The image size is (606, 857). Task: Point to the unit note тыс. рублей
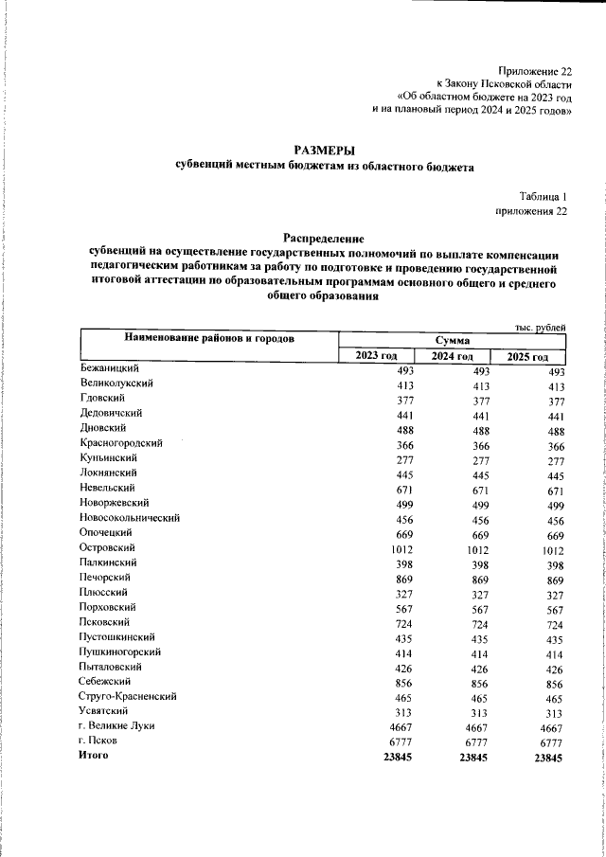click(x=541, y=327)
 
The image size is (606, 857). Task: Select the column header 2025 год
click(x=528, y=356)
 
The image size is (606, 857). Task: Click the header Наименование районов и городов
click(x=208, y=338)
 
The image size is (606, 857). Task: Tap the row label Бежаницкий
click(x=111, y=369)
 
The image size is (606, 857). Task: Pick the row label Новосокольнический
click(x=130, y=518)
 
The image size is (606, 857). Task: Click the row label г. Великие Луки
click(x=117, y=726)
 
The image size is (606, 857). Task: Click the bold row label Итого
click(x=95, y=756)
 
